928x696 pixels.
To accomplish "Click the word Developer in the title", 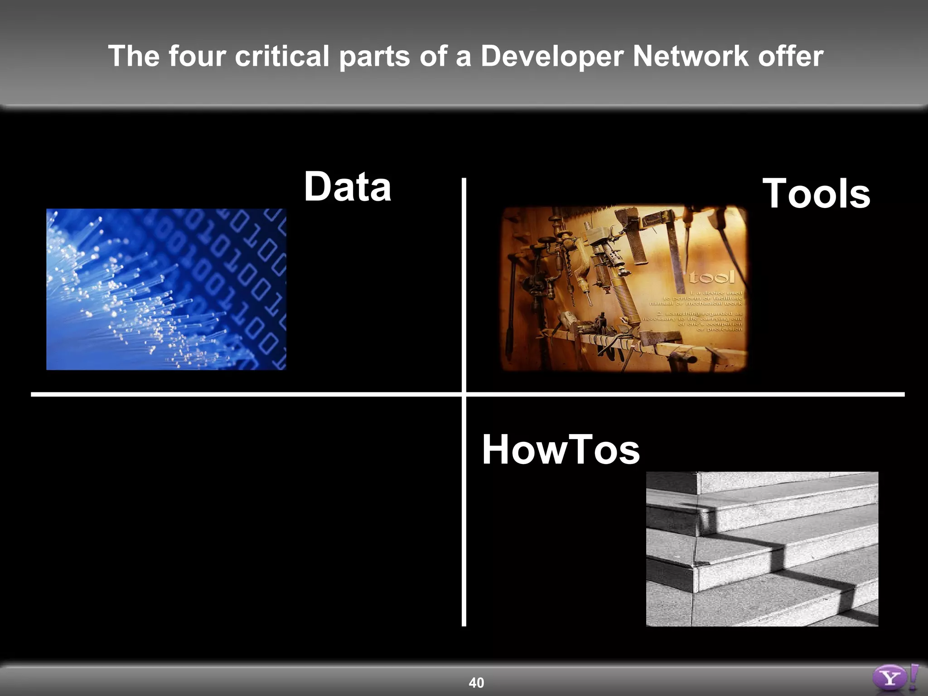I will [x=551, y=56].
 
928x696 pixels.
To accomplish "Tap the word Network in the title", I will [x=690, y=56].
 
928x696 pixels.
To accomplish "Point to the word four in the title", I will [x=197, y=56].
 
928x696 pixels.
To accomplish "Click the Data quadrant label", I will [x=347, y=187].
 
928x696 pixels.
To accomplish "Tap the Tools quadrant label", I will [x=816, y=194].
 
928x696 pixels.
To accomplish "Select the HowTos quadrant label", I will [x=561, y=449].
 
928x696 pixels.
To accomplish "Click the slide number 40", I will [x=476, y=682].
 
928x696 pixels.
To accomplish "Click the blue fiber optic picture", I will [x=166, y=289].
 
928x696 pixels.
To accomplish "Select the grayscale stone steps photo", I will [x=762, y=549].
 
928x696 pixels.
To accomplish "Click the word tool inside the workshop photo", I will [x=711, y=277].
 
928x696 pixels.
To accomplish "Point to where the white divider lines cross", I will [x=464, y=394].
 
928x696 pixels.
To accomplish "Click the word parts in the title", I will [x=374, y=56].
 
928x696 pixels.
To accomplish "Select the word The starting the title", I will [x=134, y=56].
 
